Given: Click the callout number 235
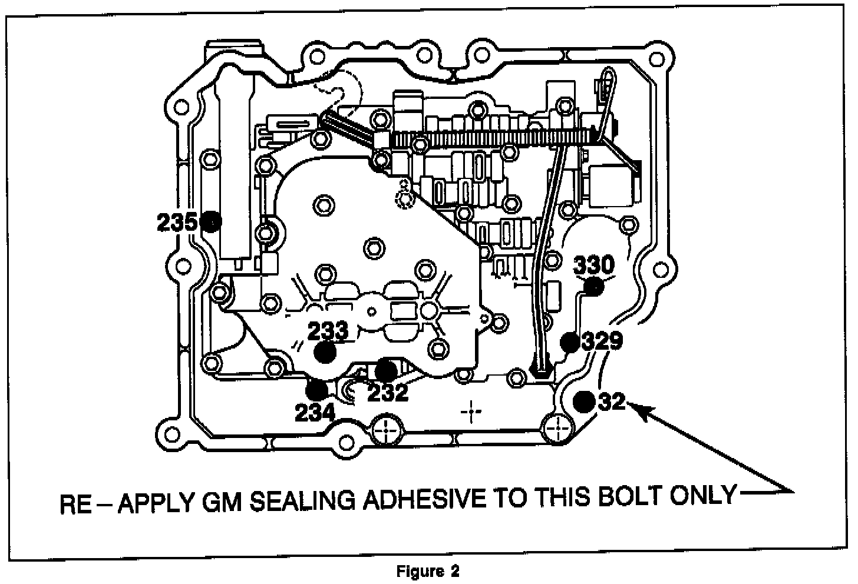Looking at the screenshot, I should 177,223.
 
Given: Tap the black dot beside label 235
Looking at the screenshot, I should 210,222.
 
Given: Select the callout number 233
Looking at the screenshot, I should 328,331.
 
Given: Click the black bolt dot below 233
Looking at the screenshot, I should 325,353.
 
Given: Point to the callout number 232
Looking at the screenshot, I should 388,392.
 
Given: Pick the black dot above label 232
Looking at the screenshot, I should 386,370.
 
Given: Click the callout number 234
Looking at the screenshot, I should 315,412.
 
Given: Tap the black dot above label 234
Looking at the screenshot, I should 317,389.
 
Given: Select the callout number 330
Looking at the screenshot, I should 594,264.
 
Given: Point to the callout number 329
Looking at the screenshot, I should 602,341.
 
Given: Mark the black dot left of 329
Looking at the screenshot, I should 570,341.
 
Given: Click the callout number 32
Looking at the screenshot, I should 611,401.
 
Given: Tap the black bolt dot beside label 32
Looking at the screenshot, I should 585,401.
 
